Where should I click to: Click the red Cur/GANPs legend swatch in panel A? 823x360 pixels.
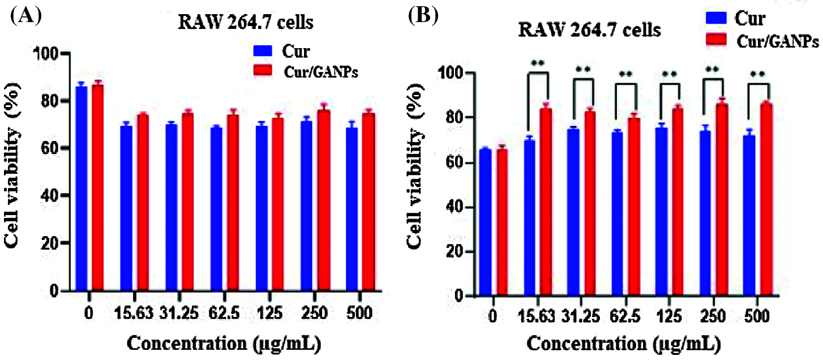coord(263,70)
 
